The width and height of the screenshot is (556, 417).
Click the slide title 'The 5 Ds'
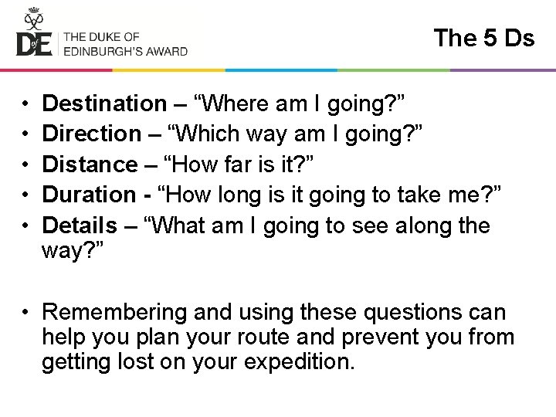coord(483,38)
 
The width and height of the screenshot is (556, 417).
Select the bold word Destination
coord(104,103)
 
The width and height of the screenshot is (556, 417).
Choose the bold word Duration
coord(89,195)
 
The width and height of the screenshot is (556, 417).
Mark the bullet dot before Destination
coord(25,103)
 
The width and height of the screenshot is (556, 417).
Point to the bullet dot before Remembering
coord(25,313)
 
